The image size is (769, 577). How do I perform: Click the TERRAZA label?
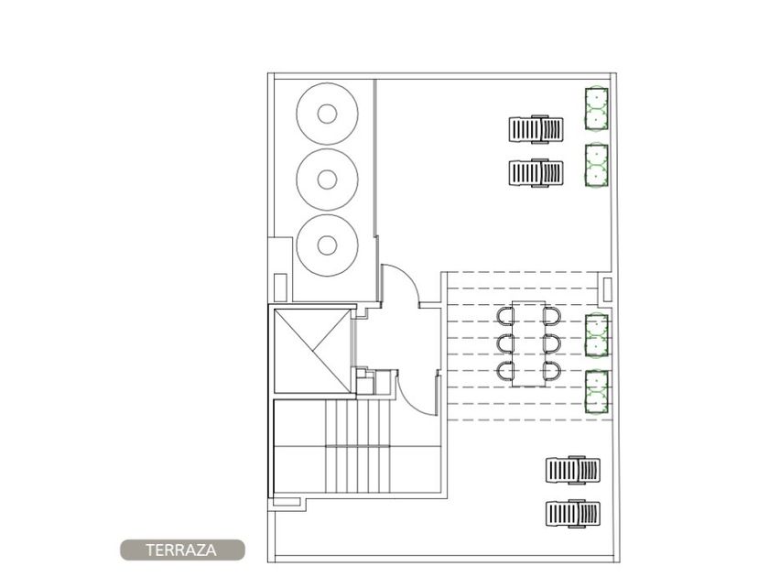181,550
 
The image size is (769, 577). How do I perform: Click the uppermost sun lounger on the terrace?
536,129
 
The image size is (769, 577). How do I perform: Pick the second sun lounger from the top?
536,173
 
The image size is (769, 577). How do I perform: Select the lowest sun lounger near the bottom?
573,514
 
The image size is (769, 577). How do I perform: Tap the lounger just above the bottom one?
573,471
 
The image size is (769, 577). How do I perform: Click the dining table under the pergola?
528,344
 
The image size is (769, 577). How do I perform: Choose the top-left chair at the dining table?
504,317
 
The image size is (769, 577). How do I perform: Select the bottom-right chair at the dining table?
552,372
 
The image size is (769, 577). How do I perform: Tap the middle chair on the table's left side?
504,343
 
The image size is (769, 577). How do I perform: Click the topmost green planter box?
596,109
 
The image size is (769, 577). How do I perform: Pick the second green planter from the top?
596,165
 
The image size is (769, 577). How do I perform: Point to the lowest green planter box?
597,392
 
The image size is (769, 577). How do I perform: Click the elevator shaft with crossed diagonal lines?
312,351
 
